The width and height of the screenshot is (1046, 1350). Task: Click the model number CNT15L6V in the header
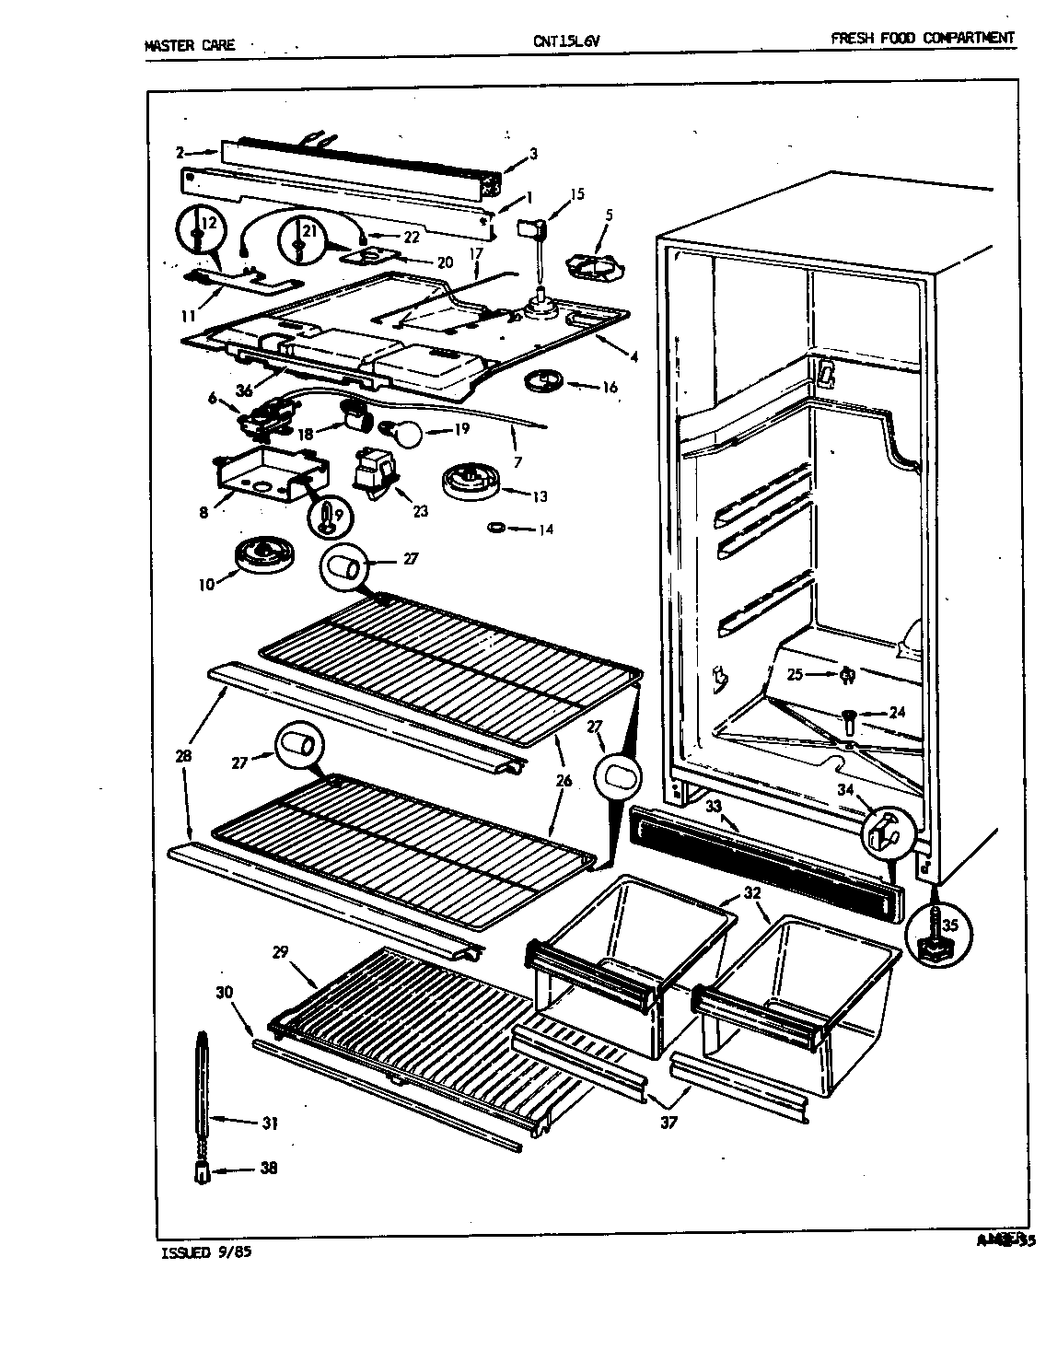[560, 41]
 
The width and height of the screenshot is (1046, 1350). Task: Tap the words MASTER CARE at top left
[191, 44]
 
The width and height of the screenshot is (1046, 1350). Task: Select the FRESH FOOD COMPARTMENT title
[922, 38]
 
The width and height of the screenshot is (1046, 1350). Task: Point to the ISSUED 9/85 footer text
[205, 1253]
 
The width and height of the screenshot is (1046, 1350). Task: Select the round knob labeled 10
[264, 557]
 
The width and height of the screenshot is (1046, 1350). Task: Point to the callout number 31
[269, 1123]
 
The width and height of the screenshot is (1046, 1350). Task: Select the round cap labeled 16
[541, 380]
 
